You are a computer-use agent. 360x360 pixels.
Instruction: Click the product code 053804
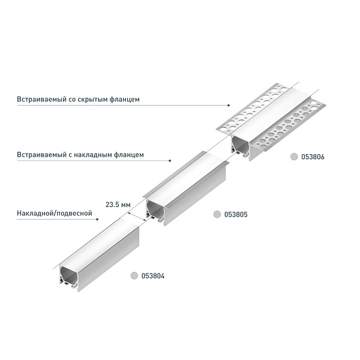[x=153, y=276]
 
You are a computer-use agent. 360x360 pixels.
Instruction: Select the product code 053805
[x=236, y=214]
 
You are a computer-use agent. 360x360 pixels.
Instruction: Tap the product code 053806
[x=313, y=157]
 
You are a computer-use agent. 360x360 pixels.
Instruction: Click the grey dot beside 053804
[x=134, y=276]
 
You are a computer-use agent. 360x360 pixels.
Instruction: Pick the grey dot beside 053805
[x=217, y=214]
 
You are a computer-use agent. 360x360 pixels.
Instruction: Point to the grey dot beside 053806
[x=294, y=157]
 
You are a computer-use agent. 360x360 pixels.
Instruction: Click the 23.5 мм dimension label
[x=118, y=204]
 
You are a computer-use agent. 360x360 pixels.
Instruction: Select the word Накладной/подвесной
[x=54, y=213]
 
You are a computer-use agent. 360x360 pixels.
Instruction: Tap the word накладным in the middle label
[x=98, y=155]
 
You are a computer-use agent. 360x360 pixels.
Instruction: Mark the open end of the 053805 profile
[x=156, y=211]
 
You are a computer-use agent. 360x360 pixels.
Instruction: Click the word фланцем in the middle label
[x=130, y=155]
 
